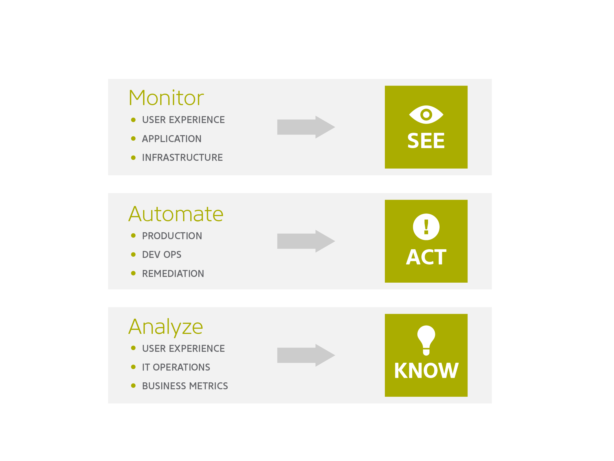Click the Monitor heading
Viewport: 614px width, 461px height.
166,98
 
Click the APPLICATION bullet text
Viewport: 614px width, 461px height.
172,139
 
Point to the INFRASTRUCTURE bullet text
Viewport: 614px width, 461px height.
182,158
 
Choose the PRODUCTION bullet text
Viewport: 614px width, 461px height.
172,236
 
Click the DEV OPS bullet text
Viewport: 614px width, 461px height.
161,255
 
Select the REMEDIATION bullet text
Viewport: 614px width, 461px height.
173,274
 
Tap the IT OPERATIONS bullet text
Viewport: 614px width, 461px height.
176,367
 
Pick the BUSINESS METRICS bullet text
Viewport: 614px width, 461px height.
185,386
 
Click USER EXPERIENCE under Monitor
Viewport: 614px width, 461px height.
183,120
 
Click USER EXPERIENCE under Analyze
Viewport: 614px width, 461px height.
183,349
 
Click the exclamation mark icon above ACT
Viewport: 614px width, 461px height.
426,227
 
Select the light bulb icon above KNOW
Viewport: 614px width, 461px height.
426,340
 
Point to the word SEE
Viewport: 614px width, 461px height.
426,141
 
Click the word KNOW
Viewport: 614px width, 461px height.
426,371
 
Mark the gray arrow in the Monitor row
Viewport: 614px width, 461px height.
306,127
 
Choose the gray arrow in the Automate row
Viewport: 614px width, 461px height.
306,241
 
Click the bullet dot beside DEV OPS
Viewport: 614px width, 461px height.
133,254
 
